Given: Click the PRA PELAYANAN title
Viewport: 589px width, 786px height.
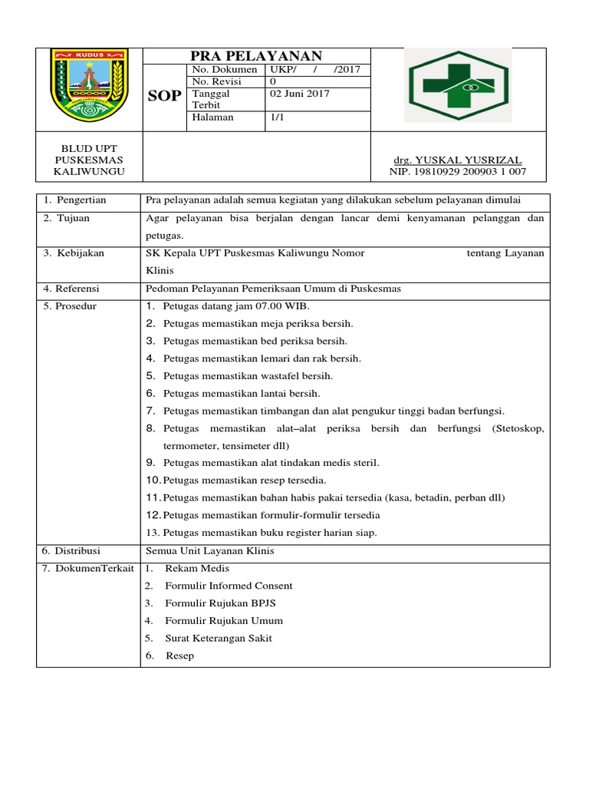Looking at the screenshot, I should (x=255, y=55).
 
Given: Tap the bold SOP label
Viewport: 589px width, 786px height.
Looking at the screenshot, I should (x=163, y=95).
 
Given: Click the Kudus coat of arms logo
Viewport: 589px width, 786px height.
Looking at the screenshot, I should (x=88, y=85).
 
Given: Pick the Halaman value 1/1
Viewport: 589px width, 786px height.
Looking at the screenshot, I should (x=277, y=117).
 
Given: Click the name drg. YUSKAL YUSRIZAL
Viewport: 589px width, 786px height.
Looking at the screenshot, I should (x=457, y=160).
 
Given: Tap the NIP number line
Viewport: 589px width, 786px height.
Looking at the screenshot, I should (x=458, y=172).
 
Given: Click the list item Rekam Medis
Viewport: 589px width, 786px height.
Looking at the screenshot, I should (x=197, y=569).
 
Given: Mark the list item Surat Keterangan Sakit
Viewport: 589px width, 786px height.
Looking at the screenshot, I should (x=218, y=638).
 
